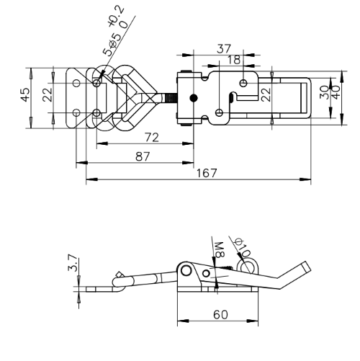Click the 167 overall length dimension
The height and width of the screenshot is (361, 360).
pyautogui.click(x=207, y=173)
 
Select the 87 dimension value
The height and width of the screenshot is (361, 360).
pyautogui.click(x=143, y=156)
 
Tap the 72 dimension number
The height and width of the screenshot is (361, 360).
pyautogui.click(x=152, y=138)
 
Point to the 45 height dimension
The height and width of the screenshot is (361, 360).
pyautogui.click(x=25, y=94)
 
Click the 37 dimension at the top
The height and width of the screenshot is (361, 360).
pyautogui.click(x=224, y=49)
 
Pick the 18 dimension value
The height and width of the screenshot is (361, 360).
pyautogui.click(x=233, y=60)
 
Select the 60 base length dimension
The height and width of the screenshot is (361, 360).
pyautogui.click(x=220, y=315)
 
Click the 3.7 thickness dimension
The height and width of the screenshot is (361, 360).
pyautogui.click(x=73, y=263)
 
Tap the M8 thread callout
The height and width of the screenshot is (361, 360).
pyautogui.click(x=219, y=250)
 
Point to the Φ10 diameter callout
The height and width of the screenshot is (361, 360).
pyautogui.click(x=243, y=247)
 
